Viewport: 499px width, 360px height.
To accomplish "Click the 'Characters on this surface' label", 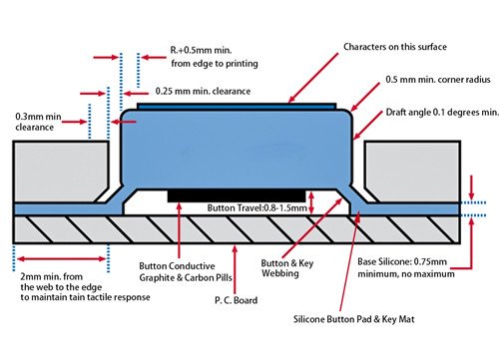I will point(394,47).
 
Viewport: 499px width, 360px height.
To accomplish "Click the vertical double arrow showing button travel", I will point(314,202).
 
